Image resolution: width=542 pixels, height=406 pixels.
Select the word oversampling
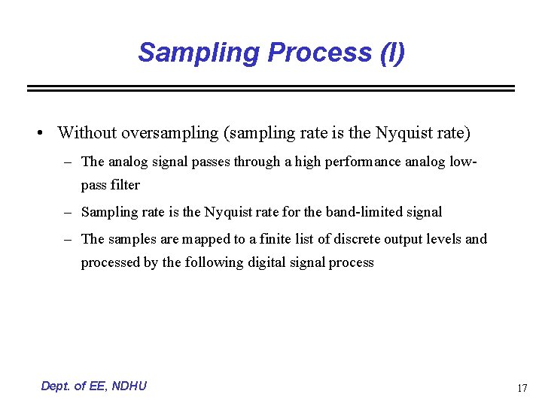(169, 133)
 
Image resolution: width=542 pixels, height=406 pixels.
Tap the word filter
(125, 184)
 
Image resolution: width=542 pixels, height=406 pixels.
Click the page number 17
(522, 389)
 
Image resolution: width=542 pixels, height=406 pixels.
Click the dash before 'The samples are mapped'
(67, 239)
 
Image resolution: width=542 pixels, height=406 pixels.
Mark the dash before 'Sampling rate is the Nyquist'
(67, 212)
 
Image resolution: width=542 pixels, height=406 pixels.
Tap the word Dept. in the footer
(55, 386)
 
